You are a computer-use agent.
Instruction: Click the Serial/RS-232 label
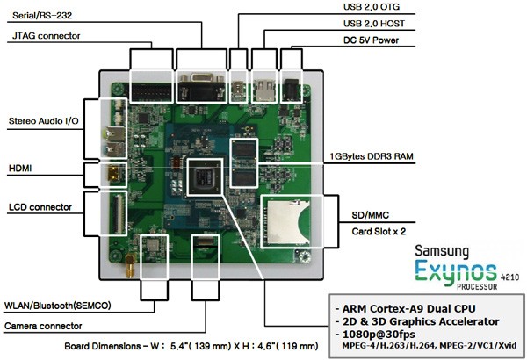point(42,16)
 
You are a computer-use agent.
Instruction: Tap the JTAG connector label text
point(46,36)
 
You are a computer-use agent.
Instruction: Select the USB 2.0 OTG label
point(371,7)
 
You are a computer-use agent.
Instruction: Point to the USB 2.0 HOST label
point(374,24)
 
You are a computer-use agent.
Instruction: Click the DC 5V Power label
point(371,40)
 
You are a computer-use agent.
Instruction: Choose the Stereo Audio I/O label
point(43,121)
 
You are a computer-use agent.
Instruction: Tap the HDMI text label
point(20,168)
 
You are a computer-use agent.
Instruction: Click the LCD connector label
point(40,207)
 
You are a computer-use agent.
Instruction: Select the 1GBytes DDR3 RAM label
point(371,156)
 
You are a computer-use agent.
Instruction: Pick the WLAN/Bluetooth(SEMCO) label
point(57,306)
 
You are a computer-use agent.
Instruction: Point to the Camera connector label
point(43,326)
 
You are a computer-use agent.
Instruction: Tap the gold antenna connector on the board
point(130,265)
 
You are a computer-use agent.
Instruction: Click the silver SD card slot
point(286,222)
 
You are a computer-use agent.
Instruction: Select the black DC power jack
point(291,90)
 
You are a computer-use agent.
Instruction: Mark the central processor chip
point(205,176)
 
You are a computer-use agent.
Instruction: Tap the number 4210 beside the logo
point(509,277)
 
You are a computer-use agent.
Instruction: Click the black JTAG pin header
point(151,92)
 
